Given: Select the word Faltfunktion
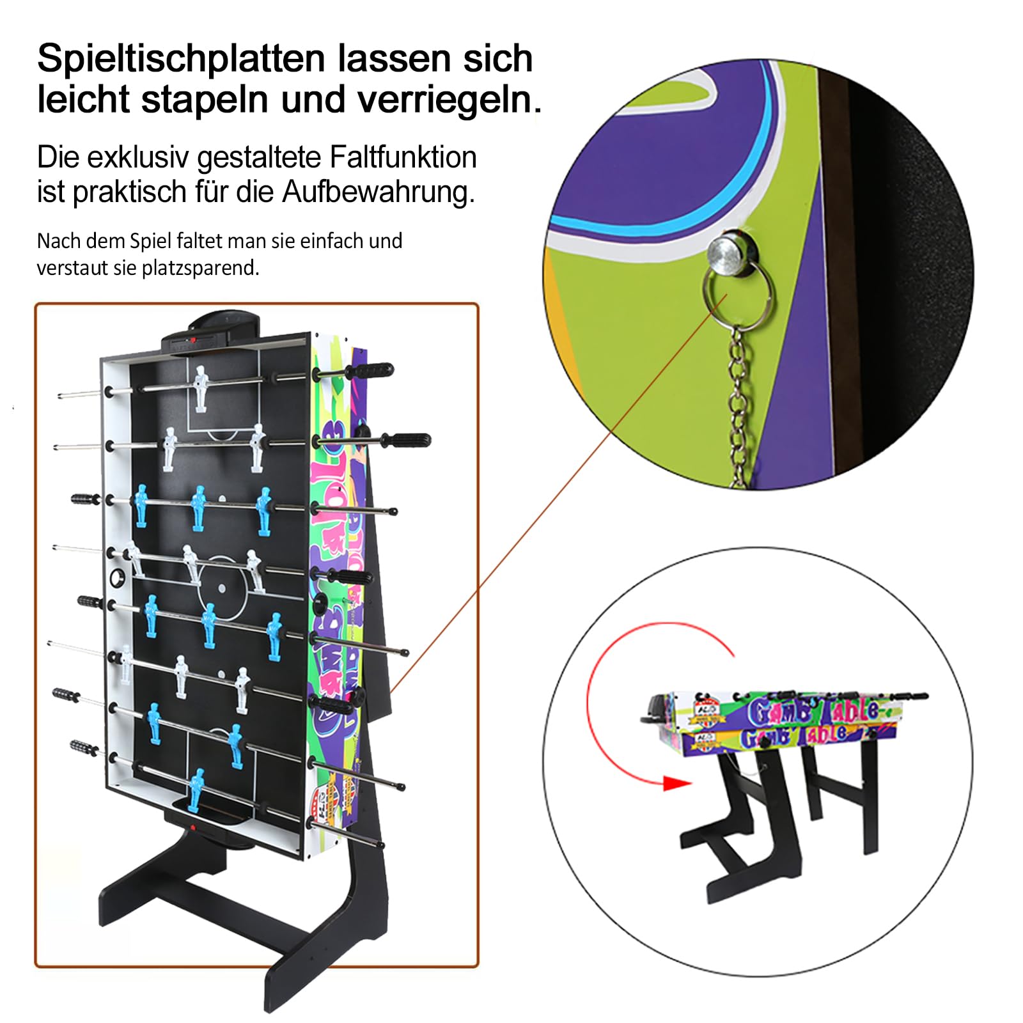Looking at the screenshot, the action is [403, 157].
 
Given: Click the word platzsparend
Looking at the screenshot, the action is [201, 268].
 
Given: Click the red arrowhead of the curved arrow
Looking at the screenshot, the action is [676, 783].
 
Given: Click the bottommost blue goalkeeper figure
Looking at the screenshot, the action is [196, 790].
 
